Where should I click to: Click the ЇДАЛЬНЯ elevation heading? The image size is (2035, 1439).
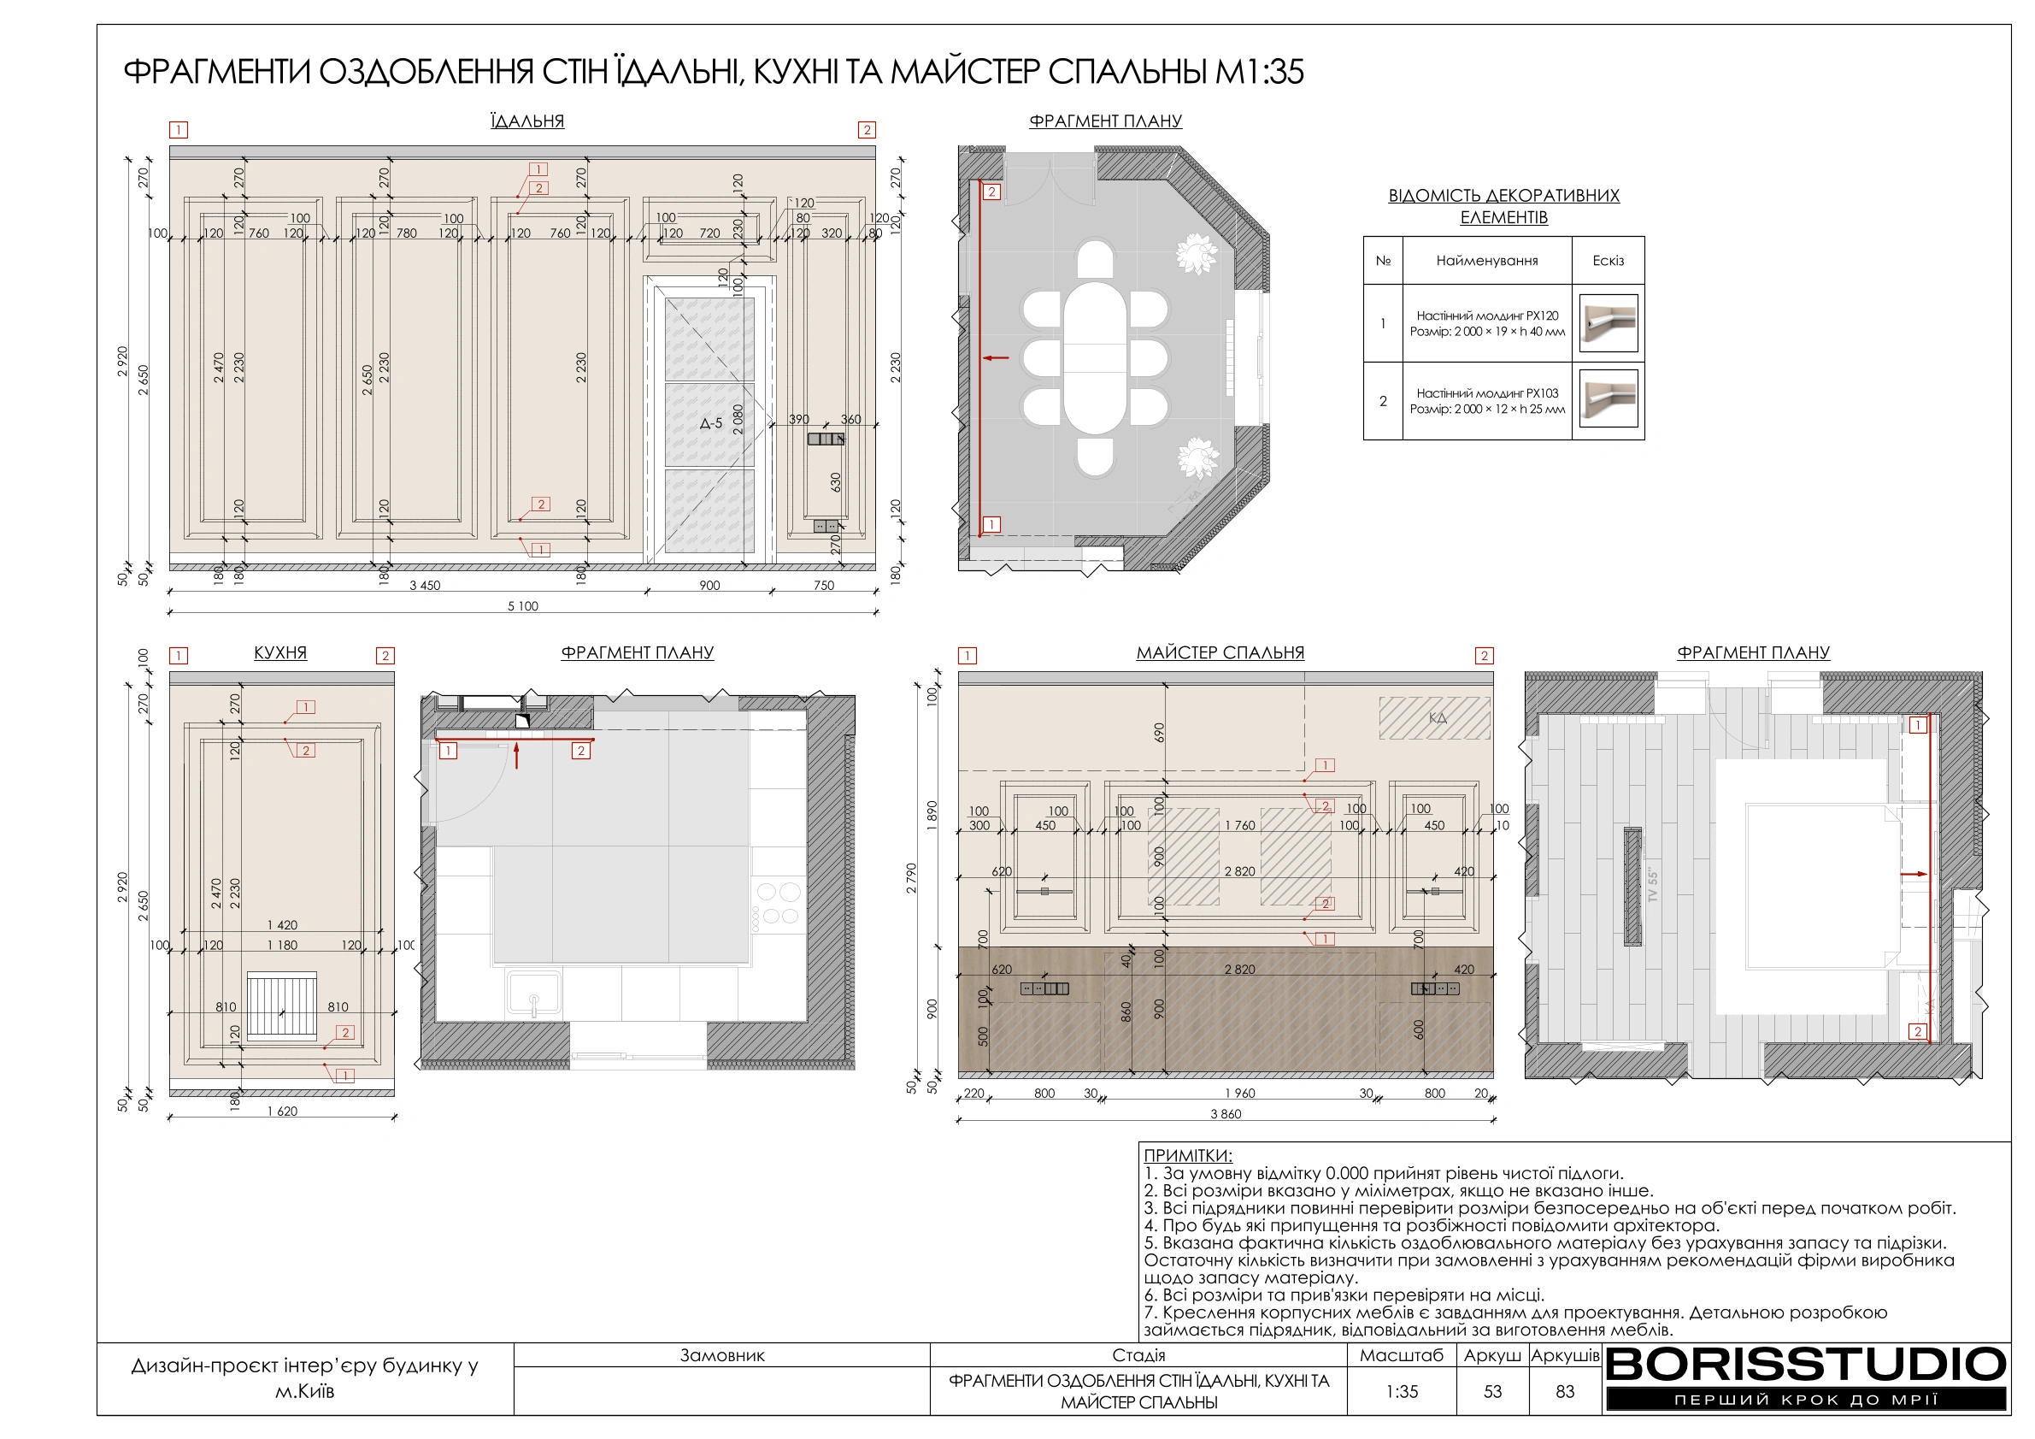[x=527, y=121]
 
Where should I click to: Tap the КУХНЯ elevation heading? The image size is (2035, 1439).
[x=280, y=652]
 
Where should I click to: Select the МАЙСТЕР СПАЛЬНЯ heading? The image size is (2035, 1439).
[x=1220, y=652]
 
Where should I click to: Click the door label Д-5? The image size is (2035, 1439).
[x=711, y=424]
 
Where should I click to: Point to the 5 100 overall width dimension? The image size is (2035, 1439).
[x=523, y=606]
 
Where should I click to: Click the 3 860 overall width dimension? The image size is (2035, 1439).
[x=1226, y=1114]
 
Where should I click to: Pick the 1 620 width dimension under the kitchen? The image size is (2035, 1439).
[x=283, y=1112]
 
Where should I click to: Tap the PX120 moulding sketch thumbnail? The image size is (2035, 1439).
[x=1609, y=322]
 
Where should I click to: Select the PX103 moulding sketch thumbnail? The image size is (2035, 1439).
[x=1609, y=400]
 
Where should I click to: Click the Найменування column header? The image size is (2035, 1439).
[x=1487, y=261]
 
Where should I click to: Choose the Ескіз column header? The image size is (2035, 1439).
[x=1608, y=261]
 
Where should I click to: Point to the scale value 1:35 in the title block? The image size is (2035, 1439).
[x=1403, y=1392]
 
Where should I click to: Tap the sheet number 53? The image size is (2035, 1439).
[x=1492, y=1392]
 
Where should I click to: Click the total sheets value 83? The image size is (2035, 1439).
[x=1565, y=1392]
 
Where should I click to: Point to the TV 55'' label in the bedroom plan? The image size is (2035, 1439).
[x=1652, y=885]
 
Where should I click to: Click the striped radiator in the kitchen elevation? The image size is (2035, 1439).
[x=282, y=1004]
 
